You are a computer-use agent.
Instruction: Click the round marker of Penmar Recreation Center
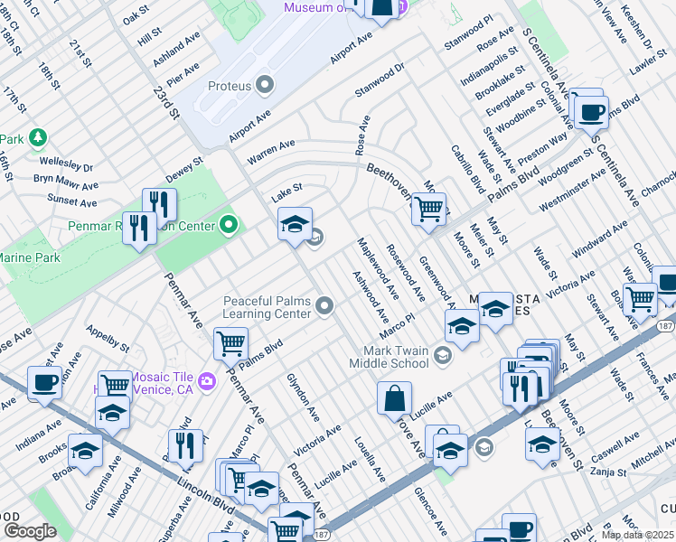pyautogui.click(x=228, y=225)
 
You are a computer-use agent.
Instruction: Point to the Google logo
pyautogui.click(x=30, y=530)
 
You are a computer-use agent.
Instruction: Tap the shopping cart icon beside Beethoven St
pyautogui.click(x=428, y=209)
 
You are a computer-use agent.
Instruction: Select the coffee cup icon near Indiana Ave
pyautogui.click(x=45, y=382)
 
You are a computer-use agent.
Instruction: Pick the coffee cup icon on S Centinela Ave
pyautogui.click(x=592, y=112)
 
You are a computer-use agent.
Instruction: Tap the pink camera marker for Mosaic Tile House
pyautogui.click(x=207, y=381)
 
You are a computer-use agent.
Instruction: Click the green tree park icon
pyautogui.click(x=37, y=138)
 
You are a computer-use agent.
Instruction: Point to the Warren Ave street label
pyautogui.click(x=271, y=151)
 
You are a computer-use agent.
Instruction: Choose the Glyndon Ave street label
pyautogui.click(x=303, y=397)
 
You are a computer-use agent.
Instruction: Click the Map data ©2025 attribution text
pyautogui.click(x=637, y=535)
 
